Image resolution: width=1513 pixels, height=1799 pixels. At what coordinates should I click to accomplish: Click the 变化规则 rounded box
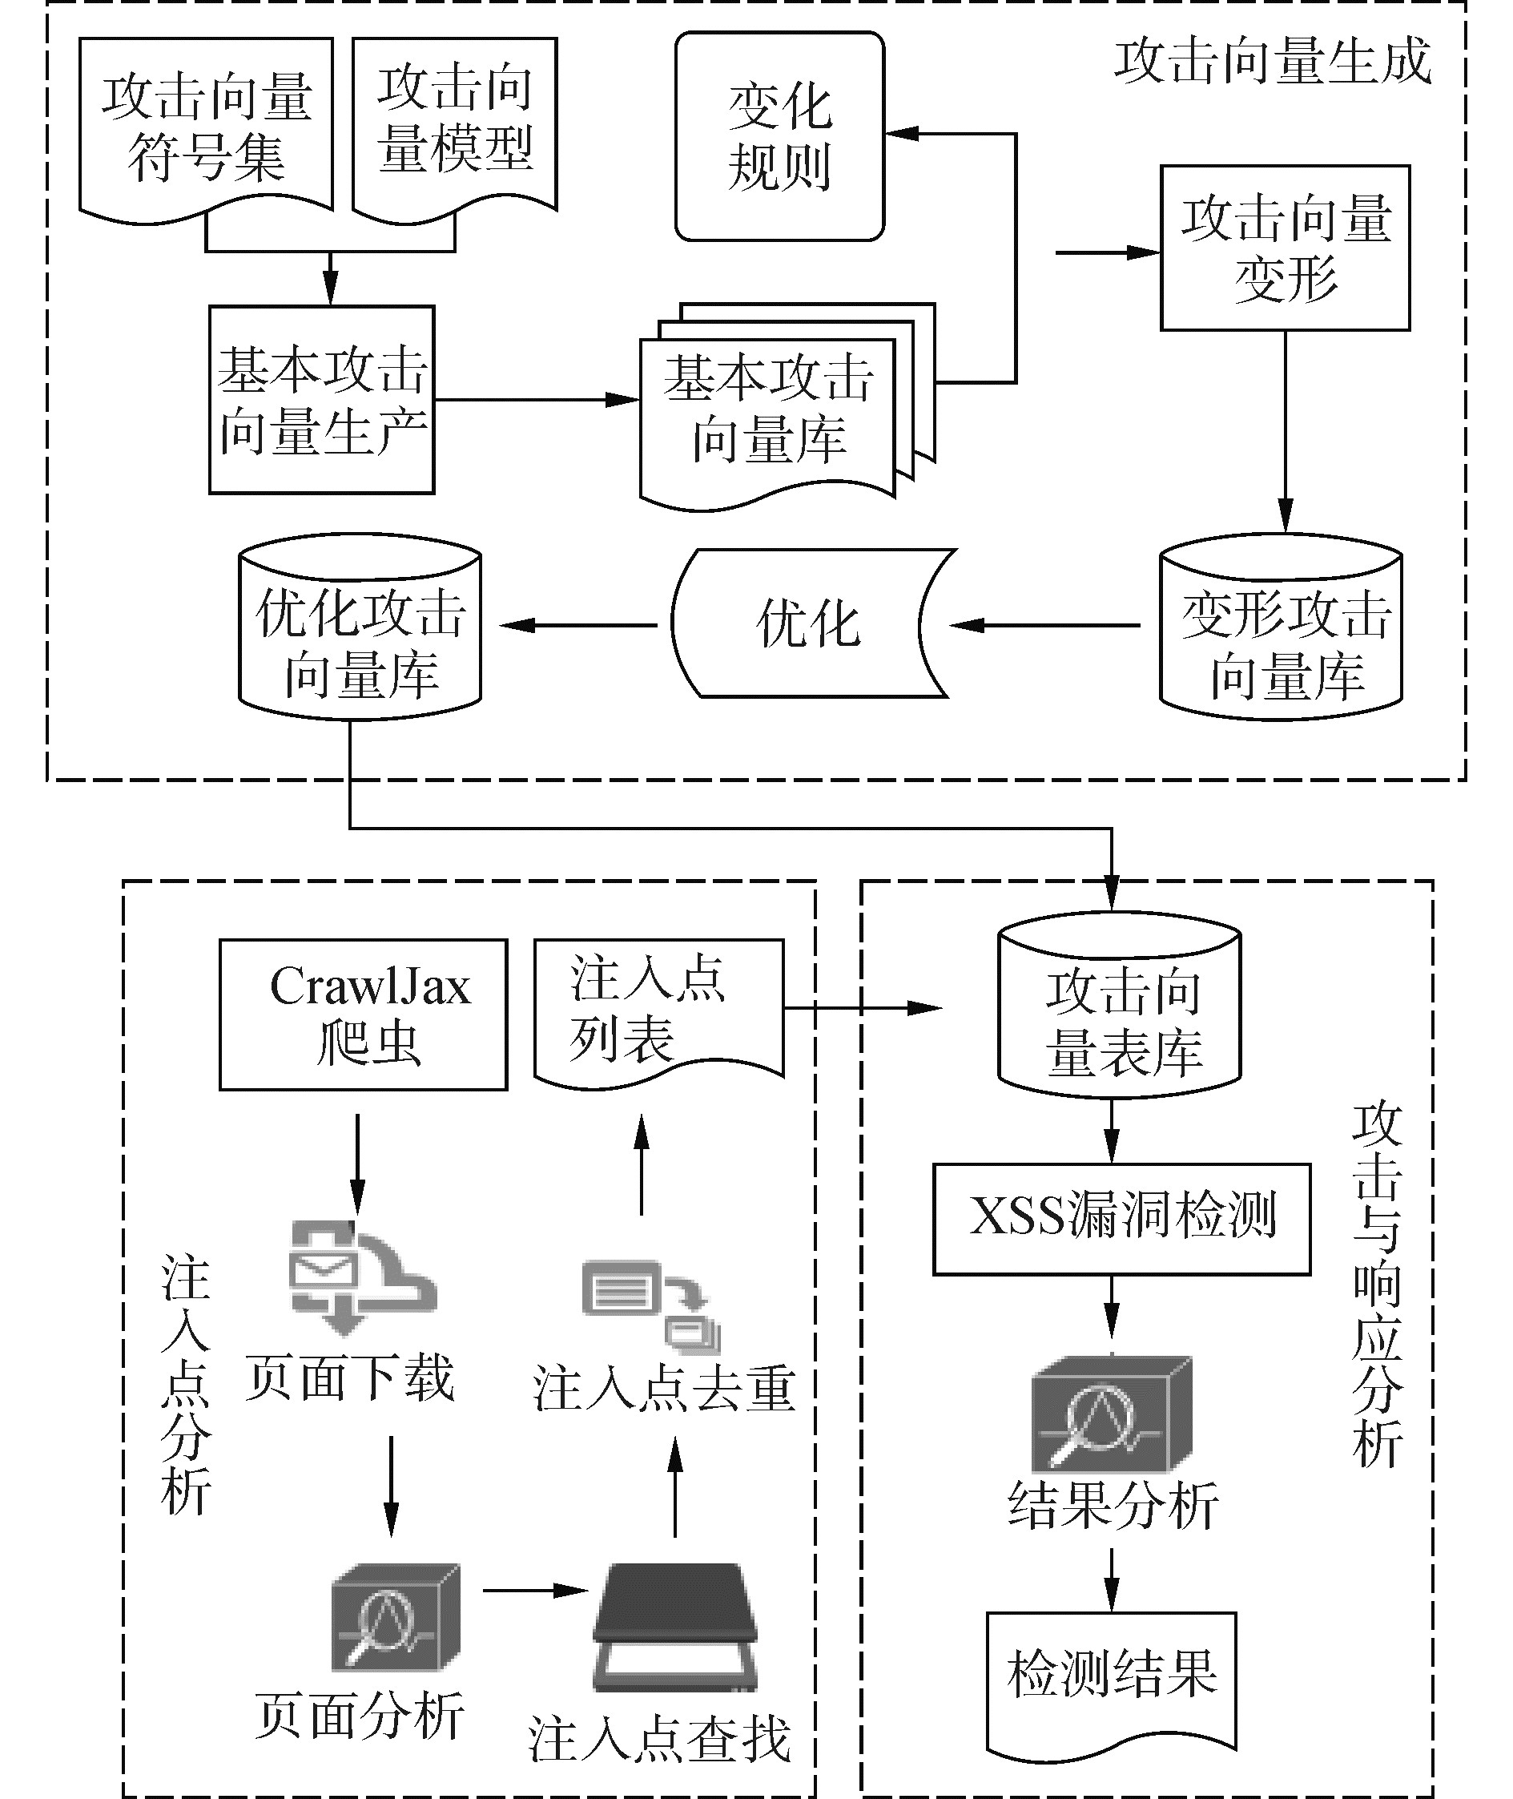[x=779, y=137]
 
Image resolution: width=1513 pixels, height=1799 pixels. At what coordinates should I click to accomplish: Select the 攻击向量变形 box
[x=1284, y=248]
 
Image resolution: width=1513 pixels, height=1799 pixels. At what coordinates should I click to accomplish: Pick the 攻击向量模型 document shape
[x=455, y=124]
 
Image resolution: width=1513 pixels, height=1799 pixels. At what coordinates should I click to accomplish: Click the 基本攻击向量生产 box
[x=322, y=400]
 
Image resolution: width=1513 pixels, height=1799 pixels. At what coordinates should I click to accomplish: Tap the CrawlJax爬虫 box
[x=364, y=1014]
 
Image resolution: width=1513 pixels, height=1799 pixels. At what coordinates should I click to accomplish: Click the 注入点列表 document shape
[x=658, y=1009]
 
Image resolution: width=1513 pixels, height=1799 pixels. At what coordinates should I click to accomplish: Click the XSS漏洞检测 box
[x=1121, y=1218]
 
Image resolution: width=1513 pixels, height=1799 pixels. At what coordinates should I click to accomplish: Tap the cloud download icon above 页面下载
[x=360, y=1277]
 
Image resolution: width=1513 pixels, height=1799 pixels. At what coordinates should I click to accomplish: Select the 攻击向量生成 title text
[x=1273, y=62]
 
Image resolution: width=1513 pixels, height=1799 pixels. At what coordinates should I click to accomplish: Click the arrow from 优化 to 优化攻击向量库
[x=578, y=625]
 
